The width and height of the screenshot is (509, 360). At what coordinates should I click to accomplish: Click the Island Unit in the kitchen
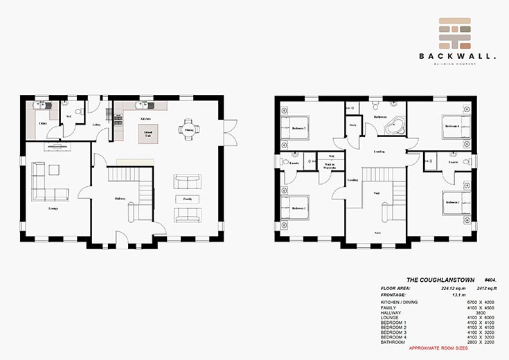pos(147,133)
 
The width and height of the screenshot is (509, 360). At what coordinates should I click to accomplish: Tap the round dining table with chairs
pos(187,129)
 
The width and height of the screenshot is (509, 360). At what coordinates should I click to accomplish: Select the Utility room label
pos(43,124)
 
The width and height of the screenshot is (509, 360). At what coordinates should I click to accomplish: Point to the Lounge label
pos(53,208)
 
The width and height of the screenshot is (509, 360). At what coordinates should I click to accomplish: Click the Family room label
pos(187,199)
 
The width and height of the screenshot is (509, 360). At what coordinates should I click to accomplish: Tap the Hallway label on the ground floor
pos(119,199)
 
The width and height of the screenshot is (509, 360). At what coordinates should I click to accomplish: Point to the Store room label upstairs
pos(352,125)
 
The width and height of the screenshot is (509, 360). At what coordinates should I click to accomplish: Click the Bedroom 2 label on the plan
pos(452,202)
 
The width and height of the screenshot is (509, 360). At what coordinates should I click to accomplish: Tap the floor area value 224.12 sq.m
pos(441,285)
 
